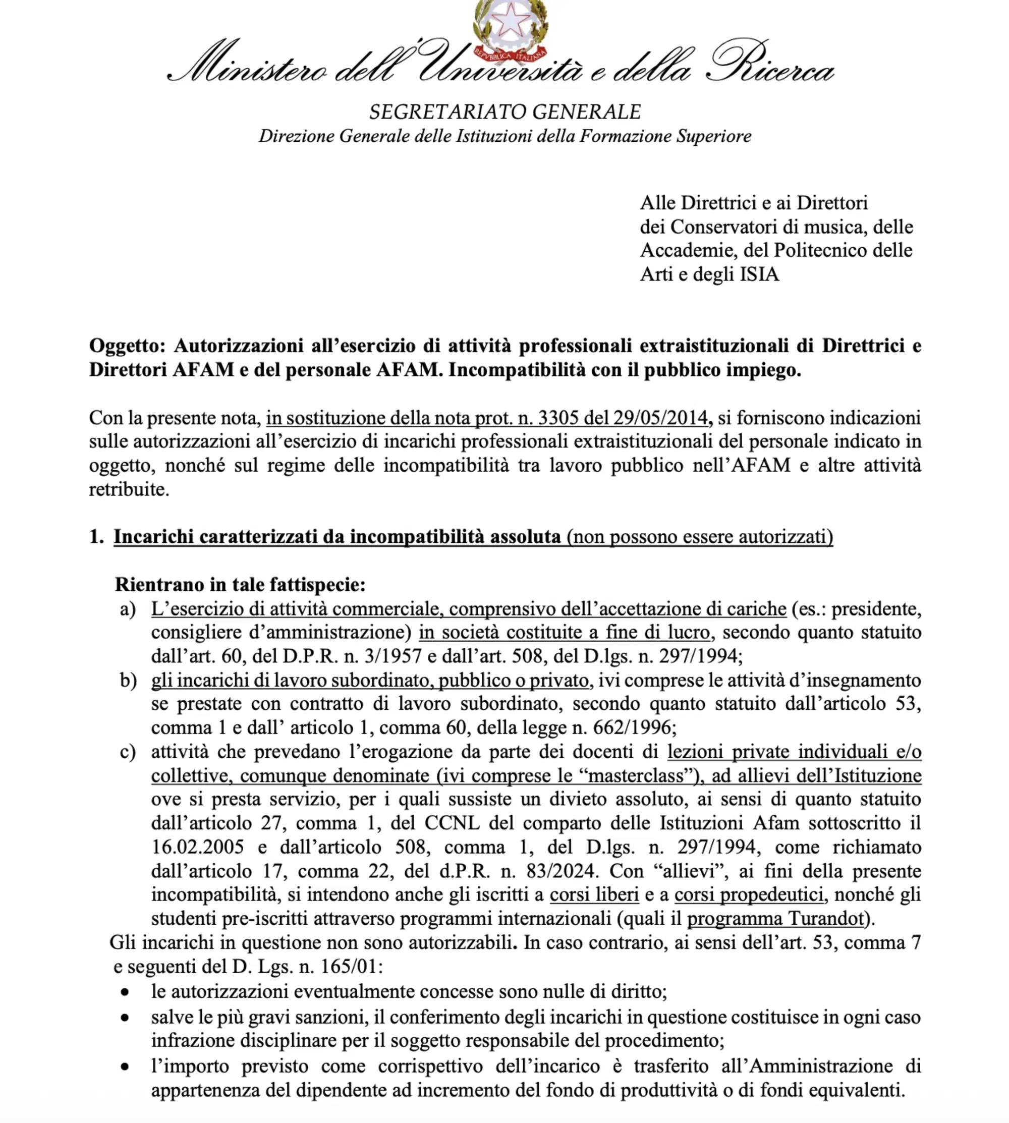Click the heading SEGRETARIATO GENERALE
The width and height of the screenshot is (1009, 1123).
[505, 112]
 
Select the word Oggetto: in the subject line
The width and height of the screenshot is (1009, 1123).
[127, 346]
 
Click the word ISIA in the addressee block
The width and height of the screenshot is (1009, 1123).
[759, 274]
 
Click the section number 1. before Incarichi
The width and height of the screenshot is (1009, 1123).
[96, 537]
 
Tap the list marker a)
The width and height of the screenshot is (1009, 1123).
[128, 609]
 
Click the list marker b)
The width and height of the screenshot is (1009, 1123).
[128, 681]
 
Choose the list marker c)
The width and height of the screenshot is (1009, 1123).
[128, 752]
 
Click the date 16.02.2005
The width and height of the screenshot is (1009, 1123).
[197, 848]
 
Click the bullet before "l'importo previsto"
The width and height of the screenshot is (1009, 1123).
[126, 1066]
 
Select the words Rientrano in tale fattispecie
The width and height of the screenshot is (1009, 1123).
[240, 584]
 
